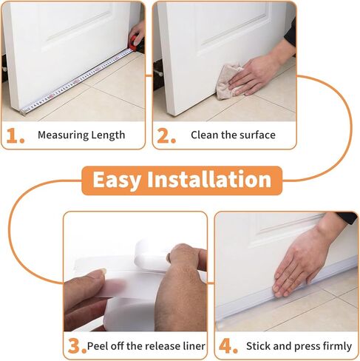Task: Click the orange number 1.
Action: click(x=16, y=135)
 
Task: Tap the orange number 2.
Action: click(x=166, y=135)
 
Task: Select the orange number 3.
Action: click(x=75, y=346)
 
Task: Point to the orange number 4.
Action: click(x=227, y=346)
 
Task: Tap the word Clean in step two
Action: click(x=205, y=135)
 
